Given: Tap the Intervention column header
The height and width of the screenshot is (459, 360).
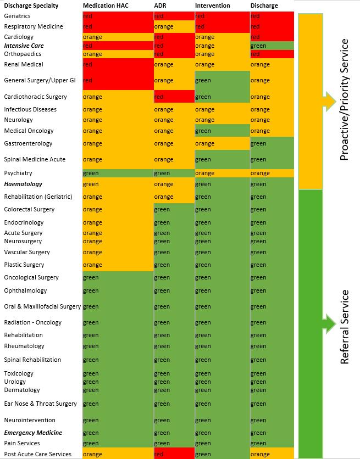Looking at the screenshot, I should pos(212,5).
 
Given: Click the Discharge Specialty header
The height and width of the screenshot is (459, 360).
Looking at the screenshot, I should pos(30,5).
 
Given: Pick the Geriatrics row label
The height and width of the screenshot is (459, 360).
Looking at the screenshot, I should pos(17,16).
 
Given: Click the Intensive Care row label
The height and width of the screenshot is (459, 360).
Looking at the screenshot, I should pos(24,46).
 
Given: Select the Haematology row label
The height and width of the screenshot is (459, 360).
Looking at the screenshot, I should pos(23,184).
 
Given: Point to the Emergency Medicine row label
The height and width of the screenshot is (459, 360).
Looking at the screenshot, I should pos(33,433).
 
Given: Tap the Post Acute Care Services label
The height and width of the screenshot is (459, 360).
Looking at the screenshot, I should pos(37,454).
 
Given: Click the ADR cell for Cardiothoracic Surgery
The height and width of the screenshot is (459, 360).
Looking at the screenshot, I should pos(174,97).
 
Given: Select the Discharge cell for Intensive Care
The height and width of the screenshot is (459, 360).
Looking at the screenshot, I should pos(272,46).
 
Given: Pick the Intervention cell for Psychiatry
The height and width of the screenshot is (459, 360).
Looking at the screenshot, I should pos(222,173).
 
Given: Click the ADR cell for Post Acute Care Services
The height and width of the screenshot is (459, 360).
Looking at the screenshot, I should pos(174,454).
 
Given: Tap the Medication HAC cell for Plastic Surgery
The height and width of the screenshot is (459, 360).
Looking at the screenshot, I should pos(118,265).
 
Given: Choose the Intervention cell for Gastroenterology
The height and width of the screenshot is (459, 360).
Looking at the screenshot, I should pos(222,144).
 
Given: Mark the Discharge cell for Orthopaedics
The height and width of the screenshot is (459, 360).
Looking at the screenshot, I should pos(272,54).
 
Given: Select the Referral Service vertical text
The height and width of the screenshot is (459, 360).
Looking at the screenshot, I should pos(345,327).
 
